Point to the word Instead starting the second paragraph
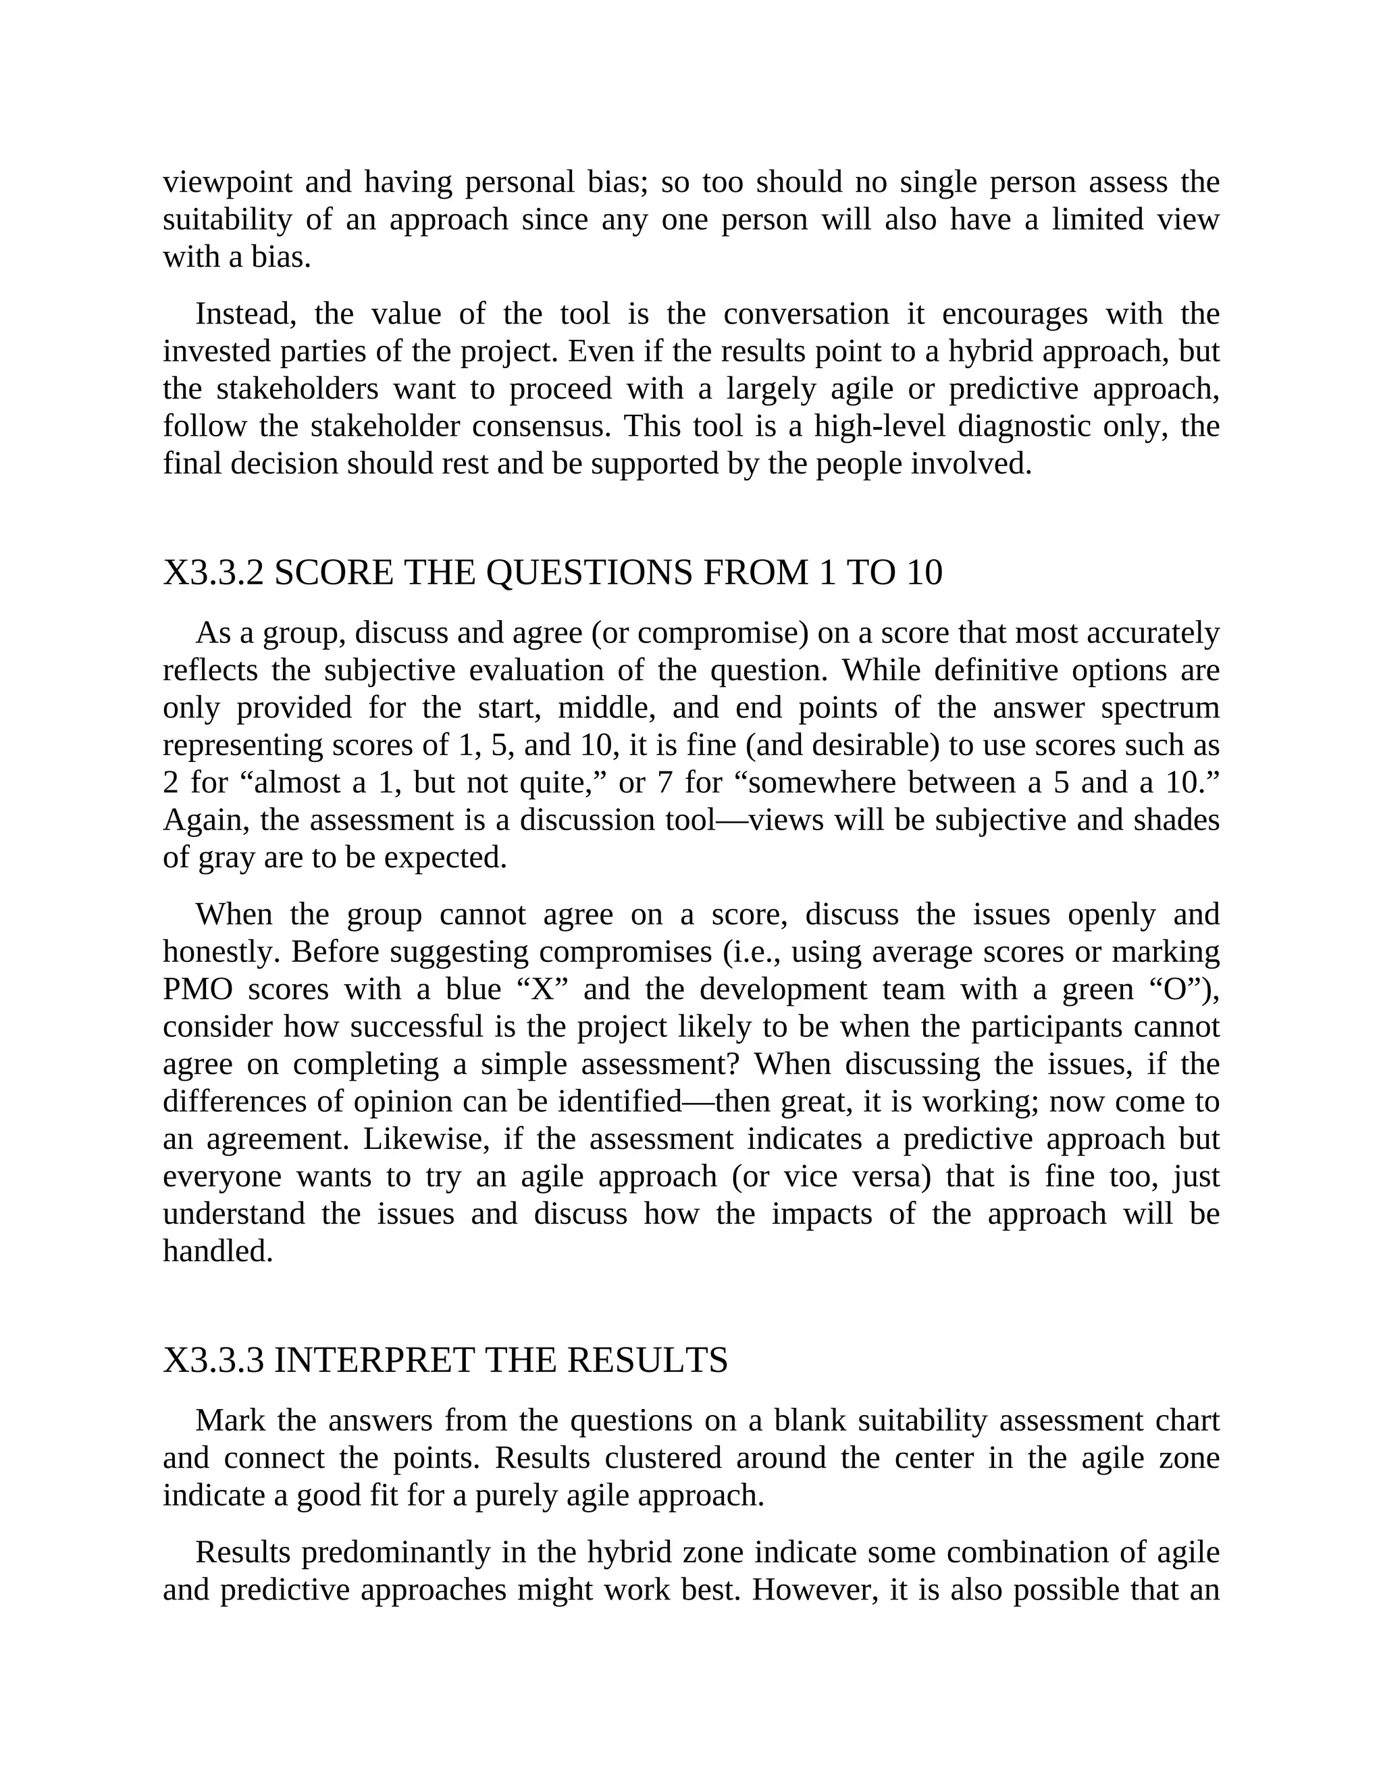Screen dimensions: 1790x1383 245,314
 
